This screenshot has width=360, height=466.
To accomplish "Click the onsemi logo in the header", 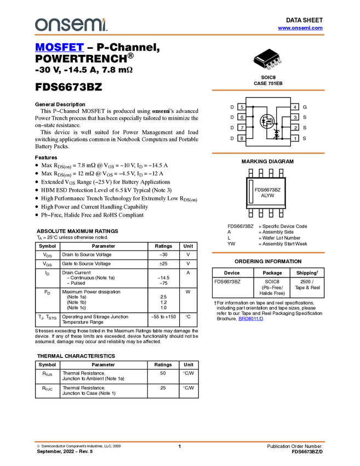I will (71, 25).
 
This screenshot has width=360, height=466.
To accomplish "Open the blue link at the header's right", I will (300, 28).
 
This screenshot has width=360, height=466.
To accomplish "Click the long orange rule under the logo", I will (180, 35).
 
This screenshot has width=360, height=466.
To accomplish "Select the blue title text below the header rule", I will (59, 48).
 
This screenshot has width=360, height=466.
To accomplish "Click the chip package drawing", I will (267, 61).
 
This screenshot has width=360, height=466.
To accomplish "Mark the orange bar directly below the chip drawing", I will (268, 90).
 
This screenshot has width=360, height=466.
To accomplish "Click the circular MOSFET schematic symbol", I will (267, 122).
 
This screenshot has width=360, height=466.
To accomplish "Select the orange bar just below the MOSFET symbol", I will (268, 153).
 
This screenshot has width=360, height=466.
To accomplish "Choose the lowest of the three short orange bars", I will (268, 253).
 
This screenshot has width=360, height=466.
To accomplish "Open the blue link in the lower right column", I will (251, 319).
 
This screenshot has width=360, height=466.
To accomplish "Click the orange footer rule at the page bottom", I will (180, 441).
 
